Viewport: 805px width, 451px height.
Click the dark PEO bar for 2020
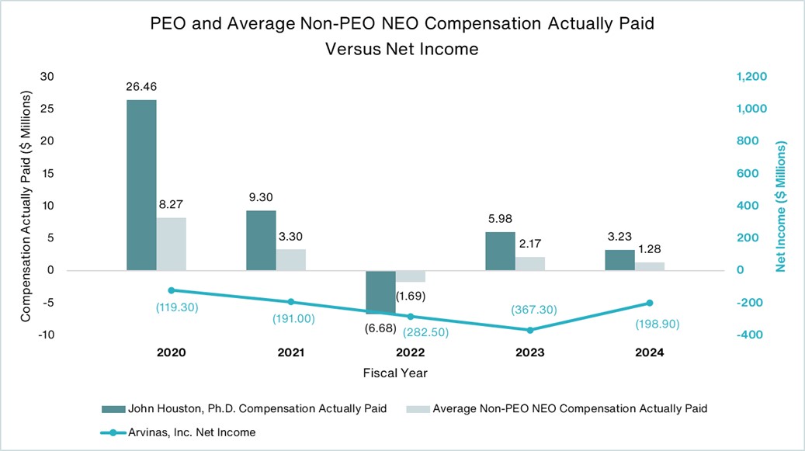click(x=141, y=185)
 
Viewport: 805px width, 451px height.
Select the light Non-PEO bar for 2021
click(x=292, y=260)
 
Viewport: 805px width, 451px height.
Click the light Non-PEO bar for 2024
click(x=651, y=266)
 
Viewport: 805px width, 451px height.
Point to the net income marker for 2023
click(x=530, y=330)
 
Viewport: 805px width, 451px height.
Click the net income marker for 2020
click(x=171, y=290)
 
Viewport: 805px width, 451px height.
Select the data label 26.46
click(x=141, y=88)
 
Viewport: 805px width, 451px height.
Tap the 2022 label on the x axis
click(x=410, y=352)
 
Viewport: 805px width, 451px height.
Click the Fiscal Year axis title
click(x=395, y=373)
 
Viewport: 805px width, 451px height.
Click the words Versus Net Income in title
click(x=402, y=48)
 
